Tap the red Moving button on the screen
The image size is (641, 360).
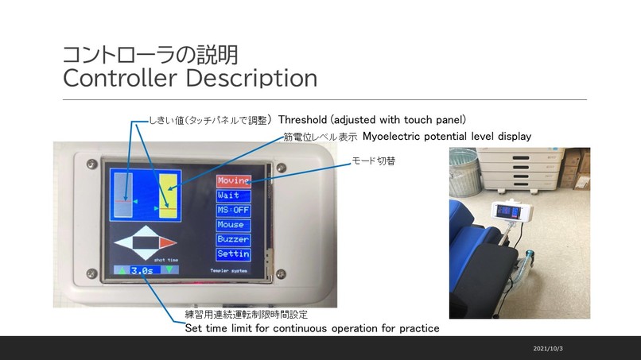click(233, 181)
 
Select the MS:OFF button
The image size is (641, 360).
click(233, 211)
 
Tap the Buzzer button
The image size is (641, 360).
click(233, 239)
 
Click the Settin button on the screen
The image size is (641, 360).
click(233, 254)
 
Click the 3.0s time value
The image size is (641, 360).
click(144, 270)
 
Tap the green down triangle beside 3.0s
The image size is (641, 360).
click(168, 270)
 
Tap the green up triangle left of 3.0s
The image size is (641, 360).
click(121, 270)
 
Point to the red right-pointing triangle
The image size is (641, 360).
click(167, 242)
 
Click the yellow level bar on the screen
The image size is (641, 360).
click(168, 195)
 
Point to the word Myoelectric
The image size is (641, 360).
click(392, 137)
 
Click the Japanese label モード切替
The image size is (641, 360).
click(374, 161)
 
